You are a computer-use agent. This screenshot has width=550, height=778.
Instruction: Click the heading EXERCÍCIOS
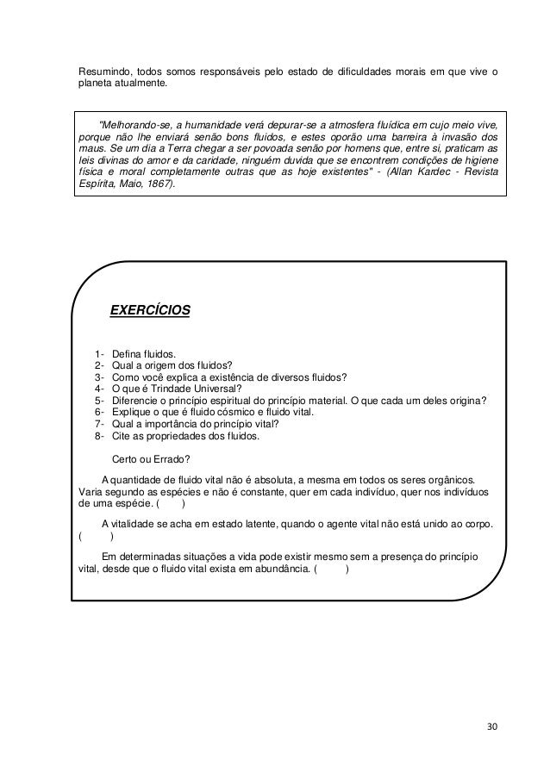click(150, 310)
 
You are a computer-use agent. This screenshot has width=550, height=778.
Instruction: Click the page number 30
click(492, 725)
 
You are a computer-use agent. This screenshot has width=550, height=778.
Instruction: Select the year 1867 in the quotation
click(157, 184)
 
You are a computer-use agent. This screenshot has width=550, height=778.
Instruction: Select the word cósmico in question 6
click(226, 412)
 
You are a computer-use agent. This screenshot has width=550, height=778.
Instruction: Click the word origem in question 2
click(168, 364)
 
